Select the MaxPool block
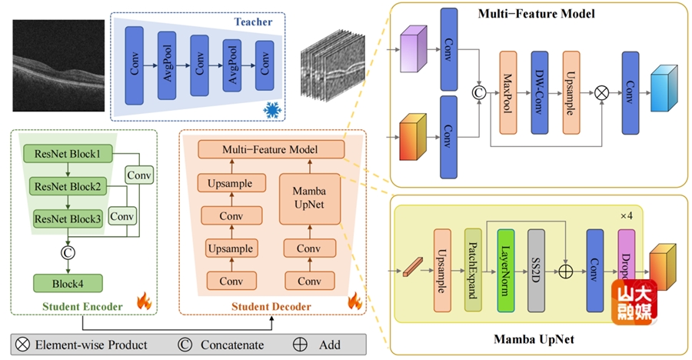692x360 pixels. pos(510,95)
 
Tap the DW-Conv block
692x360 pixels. pos(540,95)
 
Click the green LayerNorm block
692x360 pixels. pos(505,269)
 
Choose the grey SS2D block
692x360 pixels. pos(537,269)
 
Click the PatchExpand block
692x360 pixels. pos(473,269)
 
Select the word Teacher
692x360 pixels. pos(254,22)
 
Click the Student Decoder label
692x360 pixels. pos(271,308)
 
